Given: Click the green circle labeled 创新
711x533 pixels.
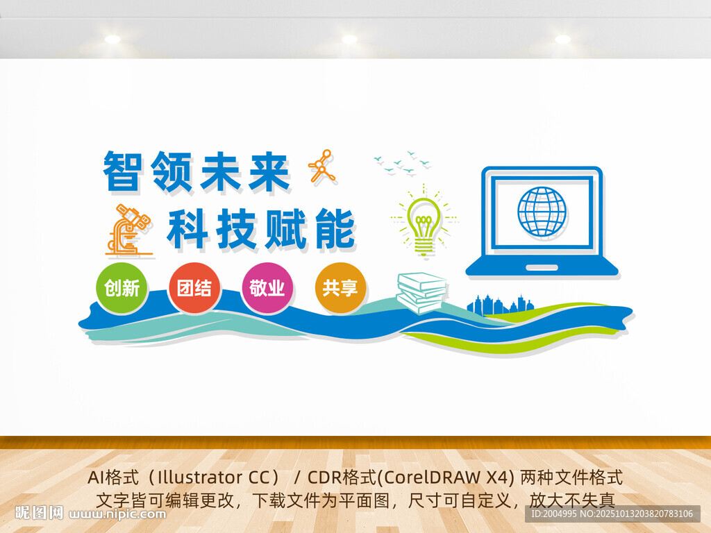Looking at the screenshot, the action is tap(122, 288).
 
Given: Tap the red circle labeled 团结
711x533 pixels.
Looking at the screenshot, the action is tap(194, 288).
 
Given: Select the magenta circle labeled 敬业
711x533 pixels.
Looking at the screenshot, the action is tap(267, 288).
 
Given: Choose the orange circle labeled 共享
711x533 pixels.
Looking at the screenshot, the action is tap(340, 288).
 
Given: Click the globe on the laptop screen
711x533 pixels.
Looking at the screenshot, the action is tap(542, 212).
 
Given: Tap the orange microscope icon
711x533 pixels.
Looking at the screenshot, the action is tap(128, 230).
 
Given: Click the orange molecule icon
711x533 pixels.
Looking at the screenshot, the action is tap(322, 167).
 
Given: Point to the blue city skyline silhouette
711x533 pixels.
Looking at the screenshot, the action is tap(501, 304).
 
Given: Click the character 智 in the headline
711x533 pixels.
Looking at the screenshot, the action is tap(122, 171).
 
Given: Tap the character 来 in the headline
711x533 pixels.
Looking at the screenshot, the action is tap(269, 171).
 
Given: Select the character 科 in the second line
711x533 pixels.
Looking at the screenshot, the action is tap(187, 228).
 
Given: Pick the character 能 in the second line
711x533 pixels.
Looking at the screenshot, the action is tap(335, 229).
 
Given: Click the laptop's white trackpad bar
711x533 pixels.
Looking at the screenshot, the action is tap(542, 267).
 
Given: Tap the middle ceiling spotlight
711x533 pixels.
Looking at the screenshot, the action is tap(349, 40).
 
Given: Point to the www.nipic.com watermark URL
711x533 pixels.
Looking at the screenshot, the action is tap(117, 514).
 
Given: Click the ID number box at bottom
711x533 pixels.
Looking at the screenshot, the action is tap(612, 514).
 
